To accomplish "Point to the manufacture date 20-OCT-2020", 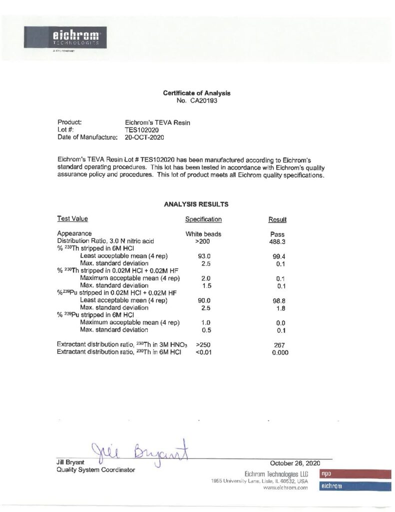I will pyautogui.click(x=144, y=136).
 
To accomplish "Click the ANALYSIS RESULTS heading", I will pyautogui.click(x=196, y=204).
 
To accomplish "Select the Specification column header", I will pyautogui.click(x=203, y=219).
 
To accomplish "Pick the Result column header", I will pyautogui.click(x=277, y=220).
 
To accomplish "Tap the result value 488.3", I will pyautogui.click(x=277, y=241).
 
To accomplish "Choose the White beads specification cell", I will pyautogui.click(x=203, y=234).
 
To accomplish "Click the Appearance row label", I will pyautogui.click(x=74, y=233).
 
